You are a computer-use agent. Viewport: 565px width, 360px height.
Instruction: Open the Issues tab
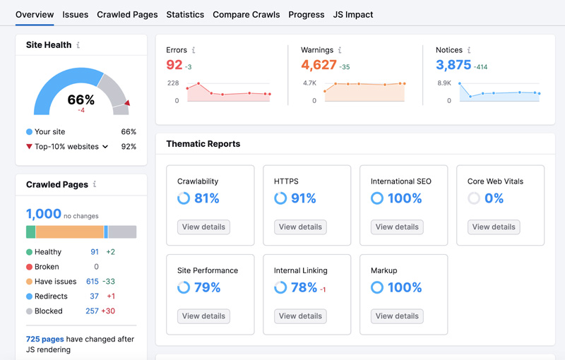(75, 14)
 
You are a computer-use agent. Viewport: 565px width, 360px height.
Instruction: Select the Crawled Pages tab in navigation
(127, 14)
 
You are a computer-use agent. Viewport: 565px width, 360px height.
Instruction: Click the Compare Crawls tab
(246, 14)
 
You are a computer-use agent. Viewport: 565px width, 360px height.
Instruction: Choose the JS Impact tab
(353, 14)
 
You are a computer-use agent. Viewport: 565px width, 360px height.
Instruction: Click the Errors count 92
(174, 65)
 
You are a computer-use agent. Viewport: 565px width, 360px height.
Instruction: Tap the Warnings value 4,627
(319, 65)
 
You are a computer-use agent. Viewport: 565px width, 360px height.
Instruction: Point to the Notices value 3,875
(453, 65)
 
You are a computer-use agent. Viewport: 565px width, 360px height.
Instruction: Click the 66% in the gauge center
(81, 100)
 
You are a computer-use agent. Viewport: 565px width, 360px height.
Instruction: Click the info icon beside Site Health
(78, 45)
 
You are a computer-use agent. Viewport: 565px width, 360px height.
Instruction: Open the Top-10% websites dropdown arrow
(105, 147)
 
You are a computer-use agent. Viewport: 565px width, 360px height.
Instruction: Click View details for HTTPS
(300, 227)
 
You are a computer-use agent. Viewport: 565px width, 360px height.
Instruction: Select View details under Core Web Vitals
(494, 227)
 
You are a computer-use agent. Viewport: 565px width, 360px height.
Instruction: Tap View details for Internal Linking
(300, 316)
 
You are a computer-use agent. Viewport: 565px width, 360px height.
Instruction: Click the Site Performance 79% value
(207, 287)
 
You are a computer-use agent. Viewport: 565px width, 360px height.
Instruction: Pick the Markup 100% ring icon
(377, 287)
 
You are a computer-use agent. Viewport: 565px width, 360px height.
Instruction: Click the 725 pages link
(44, 340)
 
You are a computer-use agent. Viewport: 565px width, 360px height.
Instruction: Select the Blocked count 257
(92, 311)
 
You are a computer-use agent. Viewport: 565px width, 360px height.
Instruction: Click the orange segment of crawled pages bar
(69, 232)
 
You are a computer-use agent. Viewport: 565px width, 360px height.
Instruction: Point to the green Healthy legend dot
(30, 252)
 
